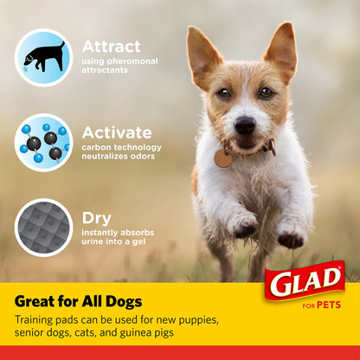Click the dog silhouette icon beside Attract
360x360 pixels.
coord(43,57)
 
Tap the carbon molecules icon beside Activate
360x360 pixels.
coord(43,143)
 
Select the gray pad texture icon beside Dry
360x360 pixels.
coord(43,228)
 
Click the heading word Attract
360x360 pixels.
coord(110,47)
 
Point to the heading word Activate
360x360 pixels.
coord(116,132)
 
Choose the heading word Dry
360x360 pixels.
coord(96,218)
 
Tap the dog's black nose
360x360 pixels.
coord(244,125)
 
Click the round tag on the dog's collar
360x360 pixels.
coord(223,158)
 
